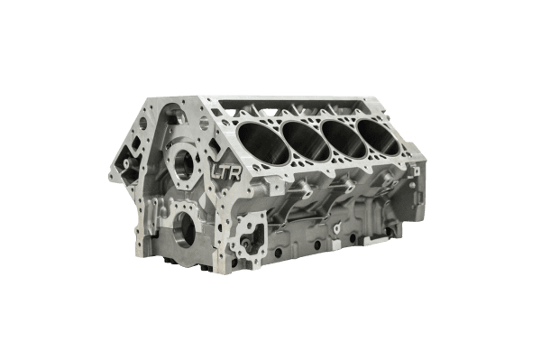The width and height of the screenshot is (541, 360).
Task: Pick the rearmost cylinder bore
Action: point(381,122)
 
